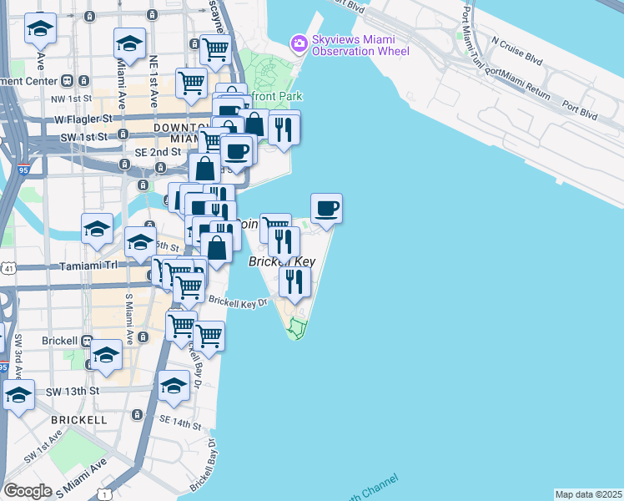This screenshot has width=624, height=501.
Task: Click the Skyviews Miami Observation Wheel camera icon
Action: pyautogui.click(x=298, y=42)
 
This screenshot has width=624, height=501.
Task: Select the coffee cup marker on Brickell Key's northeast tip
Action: pyautogui.click(x=326, y=209)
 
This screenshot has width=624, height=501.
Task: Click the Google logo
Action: pyautogui.click(x=28, y=490)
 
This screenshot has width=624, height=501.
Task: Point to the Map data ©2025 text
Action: pyautogui.click(x=589, y=494)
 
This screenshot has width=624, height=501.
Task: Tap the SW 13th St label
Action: pyautogui.click(x=73, y=392)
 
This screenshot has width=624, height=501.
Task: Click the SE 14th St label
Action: pyautogui.click(x=176, y=423)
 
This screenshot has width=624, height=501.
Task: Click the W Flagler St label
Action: pyautogui.click(x=83, y=119)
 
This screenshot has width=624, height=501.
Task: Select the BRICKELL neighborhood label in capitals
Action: pyautogui.click(x=78, y=419)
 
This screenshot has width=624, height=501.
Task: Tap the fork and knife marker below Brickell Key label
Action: pyautogui.click(x=294, y=281)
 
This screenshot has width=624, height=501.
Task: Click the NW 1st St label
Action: pyautogui.click(x=69, y=99)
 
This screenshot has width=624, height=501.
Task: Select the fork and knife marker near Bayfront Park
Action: pyautogui.click(x=284, y=129)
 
